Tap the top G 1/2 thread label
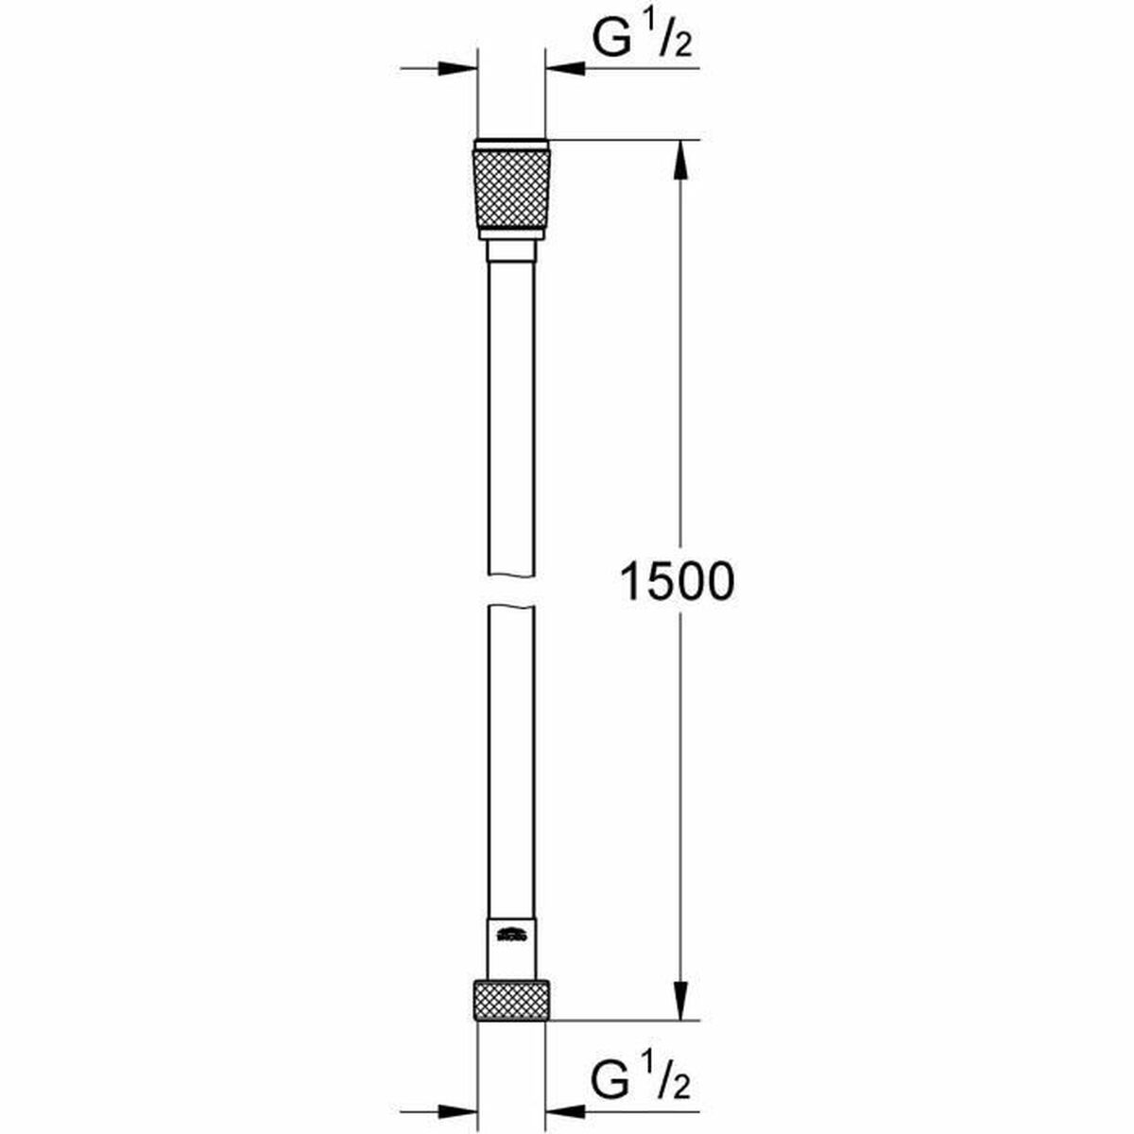click(643, 41)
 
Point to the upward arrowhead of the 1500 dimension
click(679, 162)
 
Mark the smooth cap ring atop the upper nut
click(511, 146)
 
